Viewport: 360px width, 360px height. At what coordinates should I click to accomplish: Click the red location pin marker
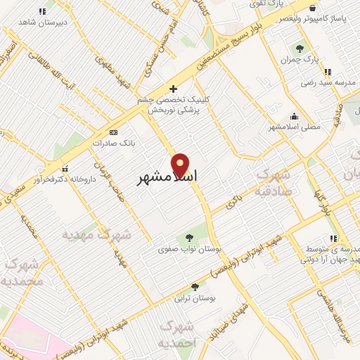pos(181,166)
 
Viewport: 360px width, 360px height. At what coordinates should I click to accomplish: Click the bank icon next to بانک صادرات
pos(113,131)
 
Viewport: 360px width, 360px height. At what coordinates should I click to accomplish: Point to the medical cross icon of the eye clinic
pos(173,89)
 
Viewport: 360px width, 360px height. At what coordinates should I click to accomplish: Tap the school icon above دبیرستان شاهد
pos(42,11)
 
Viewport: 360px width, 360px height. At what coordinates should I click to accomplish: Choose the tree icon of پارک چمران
pos(300,49)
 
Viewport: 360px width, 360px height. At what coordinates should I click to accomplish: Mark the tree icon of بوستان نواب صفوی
pos(188,237)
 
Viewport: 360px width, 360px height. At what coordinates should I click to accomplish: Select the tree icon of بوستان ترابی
pos(195,286)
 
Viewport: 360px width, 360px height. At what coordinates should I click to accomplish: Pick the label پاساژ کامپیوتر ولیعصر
pos(322,18)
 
